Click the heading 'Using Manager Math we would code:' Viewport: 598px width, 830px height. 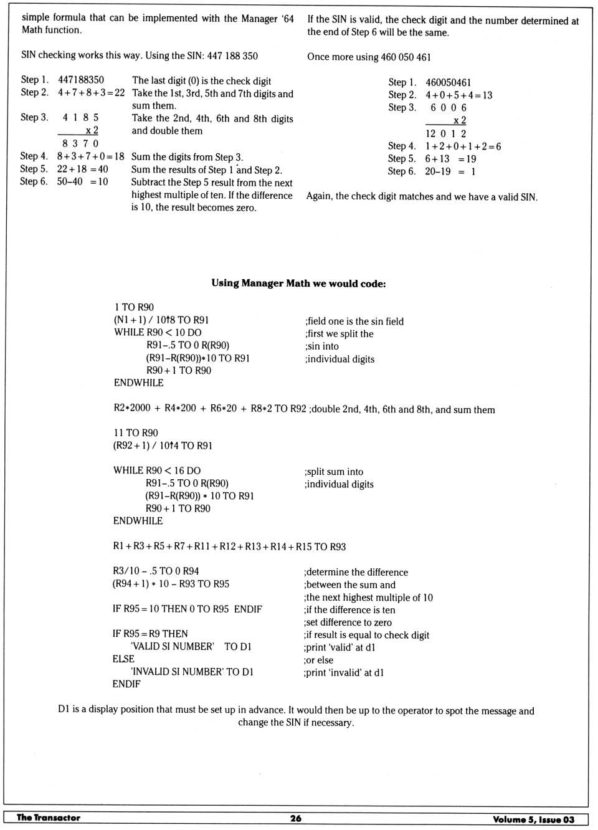pyautogui.click(x=298, y=284)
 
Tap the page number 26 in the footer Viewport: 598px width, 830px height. pyautogui.click(x=296, y=818)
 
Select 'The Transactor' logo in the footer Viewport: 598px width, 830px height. pyautogui.click(x=49, y=818)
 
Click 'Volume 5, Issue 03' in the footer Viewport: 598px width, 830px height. pyautogui.click(x=533, y=819)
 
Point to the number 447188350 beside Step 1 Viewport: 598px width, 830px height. pyautogui.click(x=81, y=80)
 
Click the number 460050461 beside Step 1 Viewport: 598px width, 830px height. pyautogui.click(x=448, y=82)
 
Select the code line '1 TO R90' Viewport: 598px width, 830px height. pyautogui.click(x=134, y=307)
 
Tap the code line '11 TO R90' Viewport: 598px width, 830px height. pyautogui.click(x=136, y=433)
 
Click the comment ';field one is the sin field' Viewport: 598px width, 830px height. pyautogui.click(x=354, y=322)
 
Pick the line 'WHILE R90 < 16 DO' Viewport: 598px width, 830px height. pyautogui.click(x=157, y=471)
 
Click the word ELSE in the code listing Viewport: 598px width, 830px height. pyautogui.click(x=123, y=659)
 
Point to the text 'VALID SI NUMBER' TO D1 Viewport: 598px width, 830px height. pyautogui.click(x=191, y=647)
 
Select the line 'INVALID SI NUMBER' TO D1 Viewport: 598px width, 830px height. pyautogui.click(x=192, y=672)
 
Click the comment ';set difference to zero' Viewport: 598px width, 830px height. pyautogui.click(x=348, y=622)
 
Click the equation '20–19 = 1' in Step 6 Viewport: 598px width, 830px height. pyautogui.click(x=450, y=171)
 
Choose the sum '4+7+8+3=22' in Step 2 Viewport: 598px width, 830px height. pyautogui.click(x=91, y=93)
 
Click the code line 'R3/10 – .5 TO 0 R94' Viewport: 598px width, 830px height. pyautogui.click(x=156, y=571)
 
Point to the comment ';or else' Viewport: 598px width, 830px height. pyautogui.click(x=319, y=660)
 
